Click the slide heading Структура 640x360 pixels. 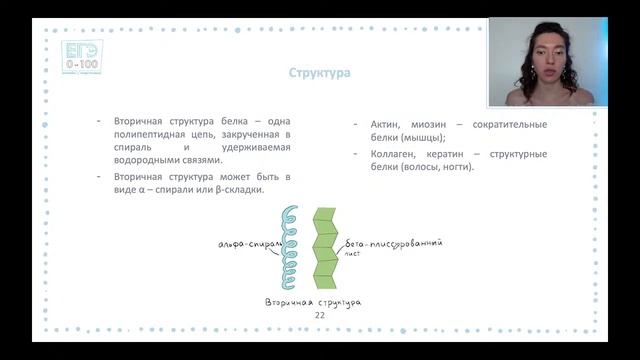point(318,73)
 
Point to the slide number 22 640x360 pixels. point(320,315)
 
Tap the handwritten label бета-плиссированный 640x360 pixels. point(393,243)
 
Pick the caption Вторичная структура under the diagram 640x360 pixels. point(313,301)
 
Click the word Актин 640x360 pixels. point(388,124)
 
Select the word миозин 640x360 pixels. point(438,124)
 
